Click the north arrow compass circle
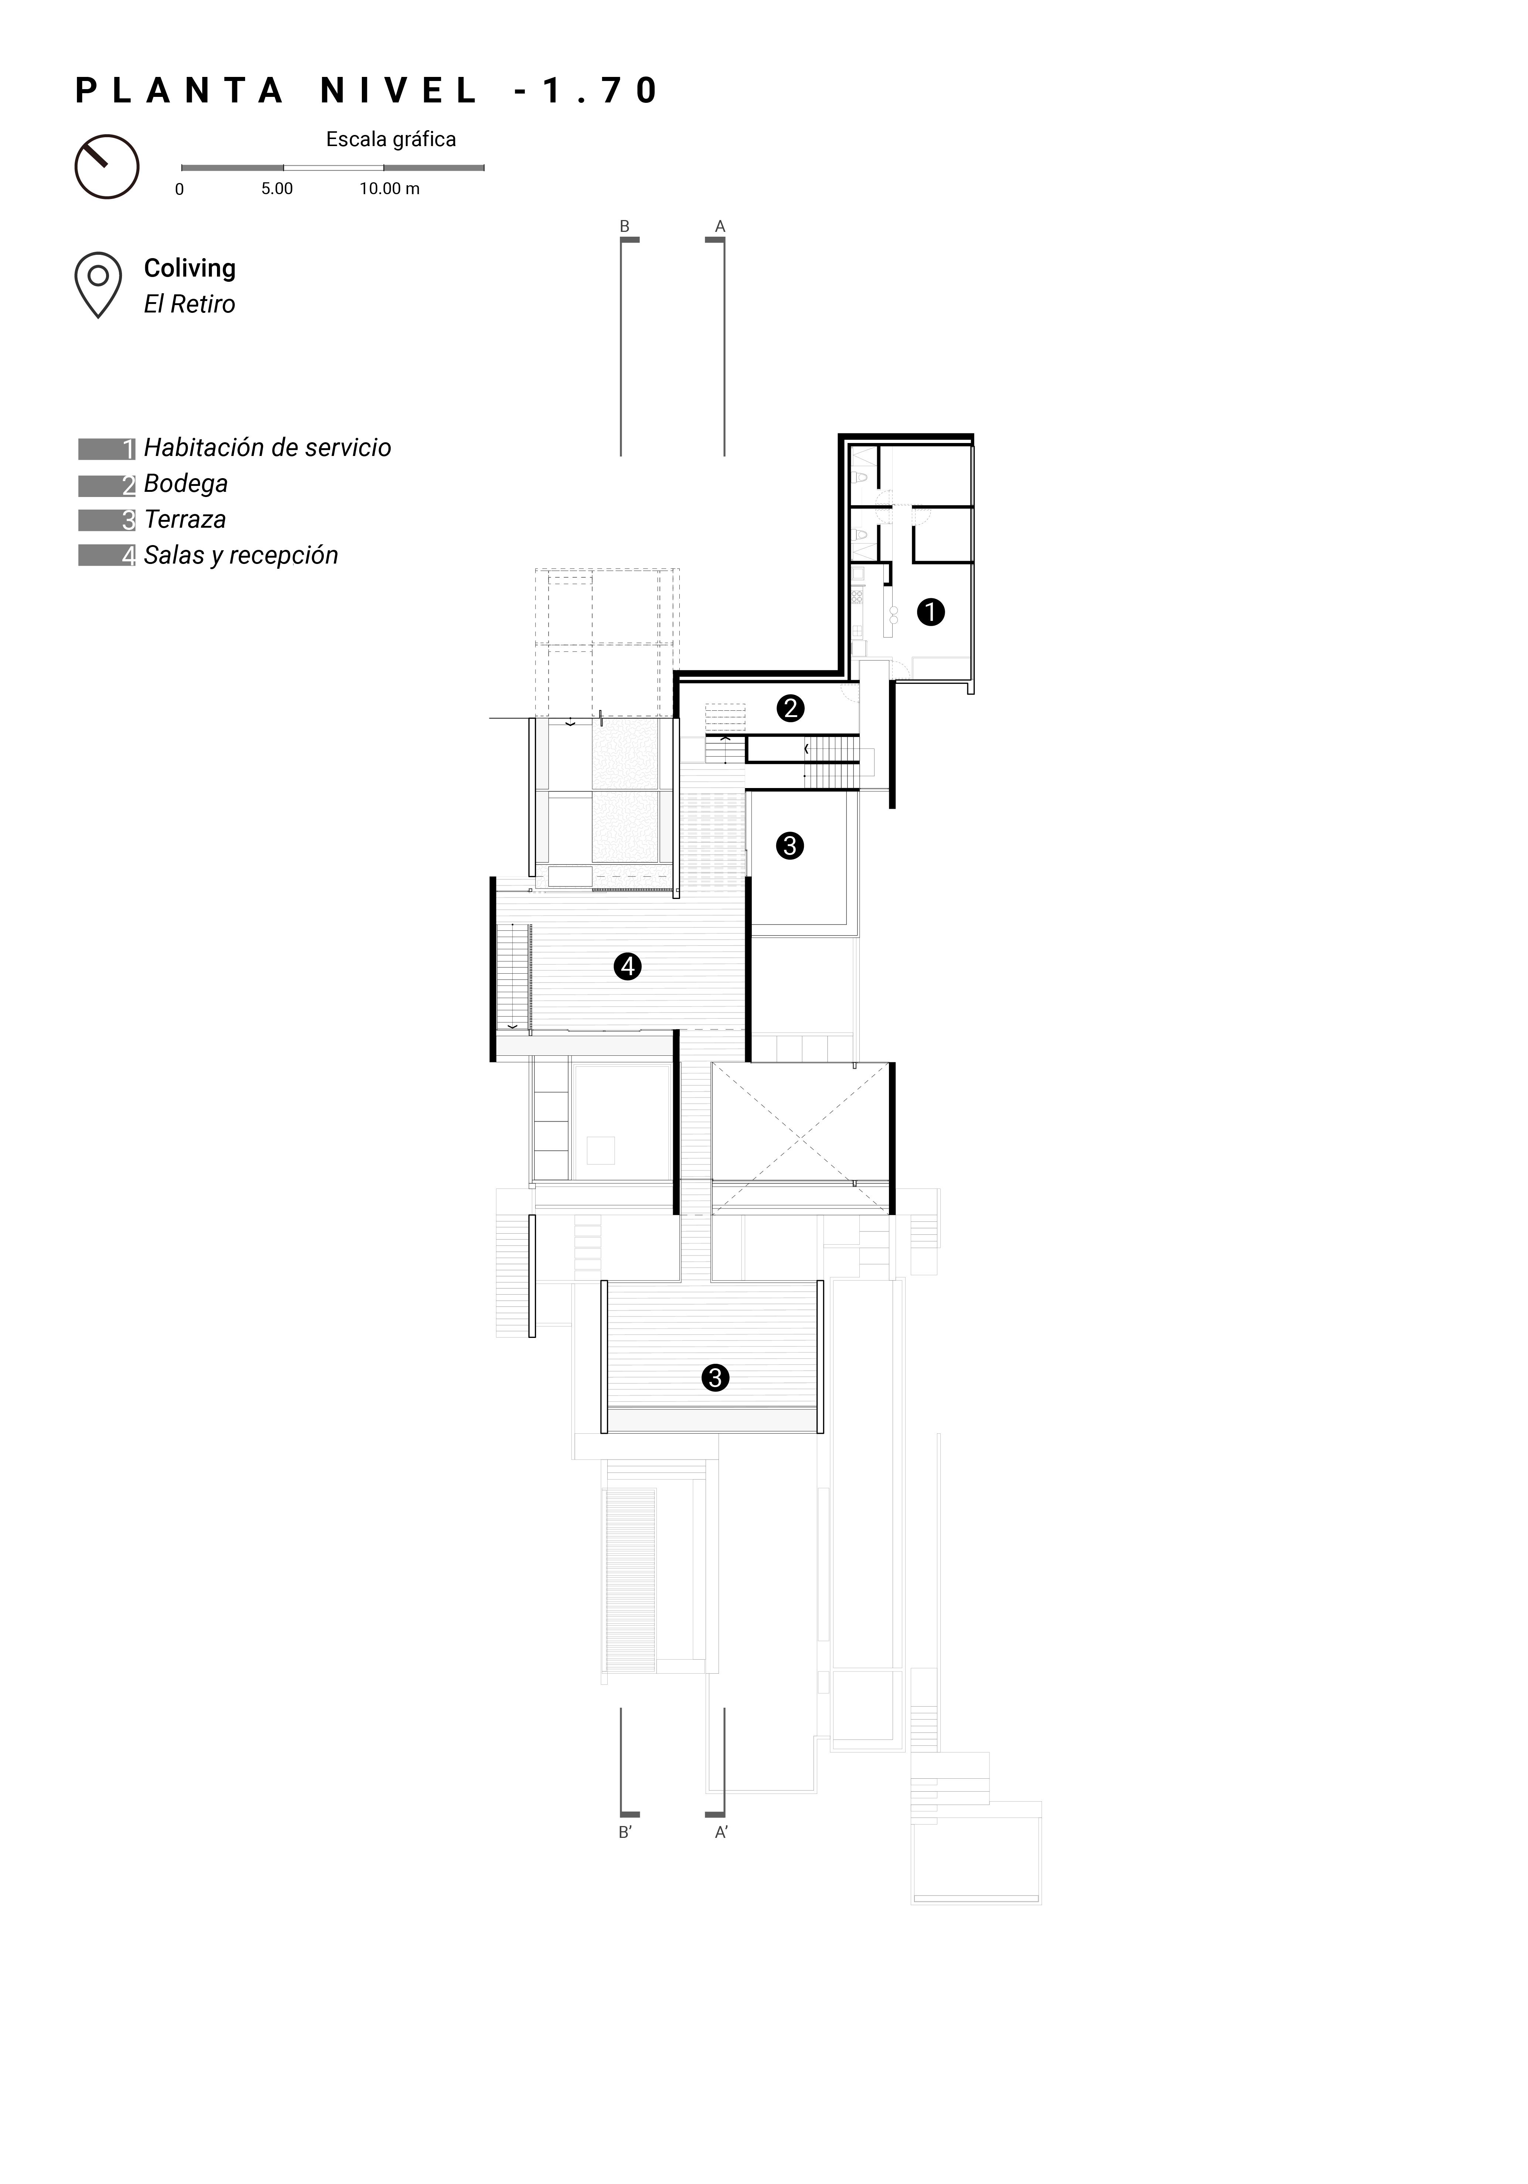(x=106, y=166)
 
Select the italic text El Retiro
(x=189, y=304)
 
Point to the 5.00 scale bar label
(x=277, y=188)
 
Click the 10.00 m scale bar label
(x=389, y=188)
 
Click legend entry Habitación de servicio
(x=267, y=448)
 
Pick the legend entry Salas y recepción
(x=241, y=555)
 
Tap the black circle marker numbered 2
(x=790, y=708)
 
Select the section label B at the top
(x=625, y=226)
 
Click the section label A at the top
(x=720, y=226)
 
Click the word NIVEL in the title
(x=399, y=90)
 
